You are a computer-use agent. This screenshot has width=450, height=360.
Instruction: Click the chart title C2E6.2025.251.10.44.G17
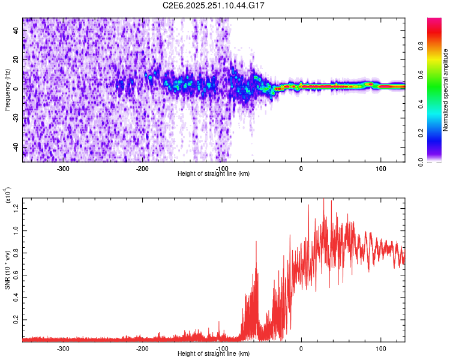click(x=214, y=5)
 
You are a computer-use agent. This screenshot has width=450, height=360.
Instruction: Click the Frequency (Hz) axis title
click(x=7, y=90)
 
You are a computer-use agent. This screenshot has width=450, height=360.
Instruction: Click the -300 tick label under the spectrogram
click(x=63, y=169)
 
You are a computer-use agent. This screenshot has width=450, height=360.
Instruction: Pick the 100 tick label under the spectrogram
click(x=380, y=169)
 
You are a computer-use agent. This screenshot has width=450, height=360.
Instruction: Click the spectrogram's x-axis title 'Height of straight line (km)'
click(x=214, y=174)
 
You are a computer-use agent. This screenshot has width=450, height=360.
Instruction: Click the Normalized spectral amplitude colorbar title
click(x=446, y=90)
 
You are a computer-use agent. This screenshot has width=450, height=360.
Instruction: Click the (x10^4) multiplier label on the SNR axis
click(x=7, y=195)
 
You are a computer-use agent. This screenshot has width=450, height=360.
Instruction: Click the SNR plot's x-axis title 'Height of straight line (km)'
click(x=214, y=353)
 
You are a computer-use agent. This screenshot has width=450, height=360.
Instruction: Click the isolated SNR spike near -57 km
click(x=256, y=242)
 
